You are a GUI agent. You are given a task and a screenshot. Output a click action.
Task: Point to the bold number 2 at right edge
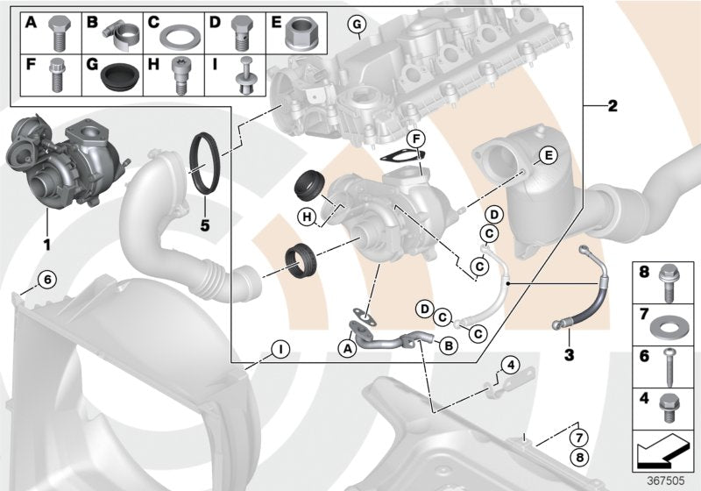pos(612,106)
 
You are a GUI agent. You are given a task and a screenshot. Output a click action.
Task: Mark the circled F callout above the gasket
pos(416,139)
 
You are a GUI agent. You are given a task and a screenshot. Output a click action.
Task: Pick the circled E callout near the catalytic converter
pos(547,155)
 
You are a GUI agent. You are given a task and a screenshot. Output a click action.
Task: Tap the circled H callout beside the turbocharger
pos(307,217)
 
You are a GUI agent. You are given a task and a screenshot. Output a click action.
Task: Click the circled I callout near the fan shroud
pos(278,350)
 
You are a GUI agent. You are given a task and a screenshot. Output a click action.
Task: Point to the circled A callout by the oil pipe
pos(347,348)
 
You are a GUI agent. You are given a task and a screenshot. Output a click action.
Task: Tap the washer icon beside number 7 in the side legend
pos(673,314)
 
